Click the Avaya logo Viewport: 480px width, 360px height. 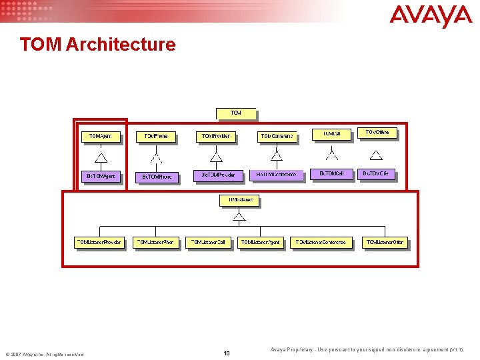(x=431, y=15)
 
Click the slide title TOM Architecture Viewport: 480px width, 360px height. (x=97, y=45)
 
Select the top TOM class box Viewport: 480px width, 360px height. (x=235, y=113)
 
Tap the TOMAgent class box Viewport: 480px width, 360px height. (x=101, y=137)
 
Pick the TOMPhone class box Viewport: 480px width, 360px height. (x=156, y=137)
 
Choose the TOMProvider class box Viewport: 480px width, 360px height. (x=215, y=137)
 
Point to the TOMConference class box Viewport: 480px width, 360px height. (x=277, y=137)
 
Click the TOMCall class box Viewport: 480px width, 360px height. (x=332, y=134)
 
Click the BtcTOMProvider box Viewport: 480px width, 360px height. (x=215, y=175)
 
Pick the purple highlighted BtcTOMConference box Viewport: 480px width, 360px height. (x=277, y=175)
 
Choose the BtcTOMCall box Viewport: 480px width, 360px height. (x=332, y=174)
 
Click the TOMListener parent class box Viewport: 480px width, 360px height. (x=239, y=200)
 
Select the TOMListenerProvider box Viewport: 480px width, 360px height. (x=99, y=243)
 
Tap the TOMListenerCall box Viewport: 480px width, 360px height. (x=208, y=243)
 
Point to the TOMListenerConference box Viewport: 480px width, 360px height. (x=321, y=243)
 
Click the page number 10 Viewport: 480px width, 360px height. (x=227, y=353)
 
